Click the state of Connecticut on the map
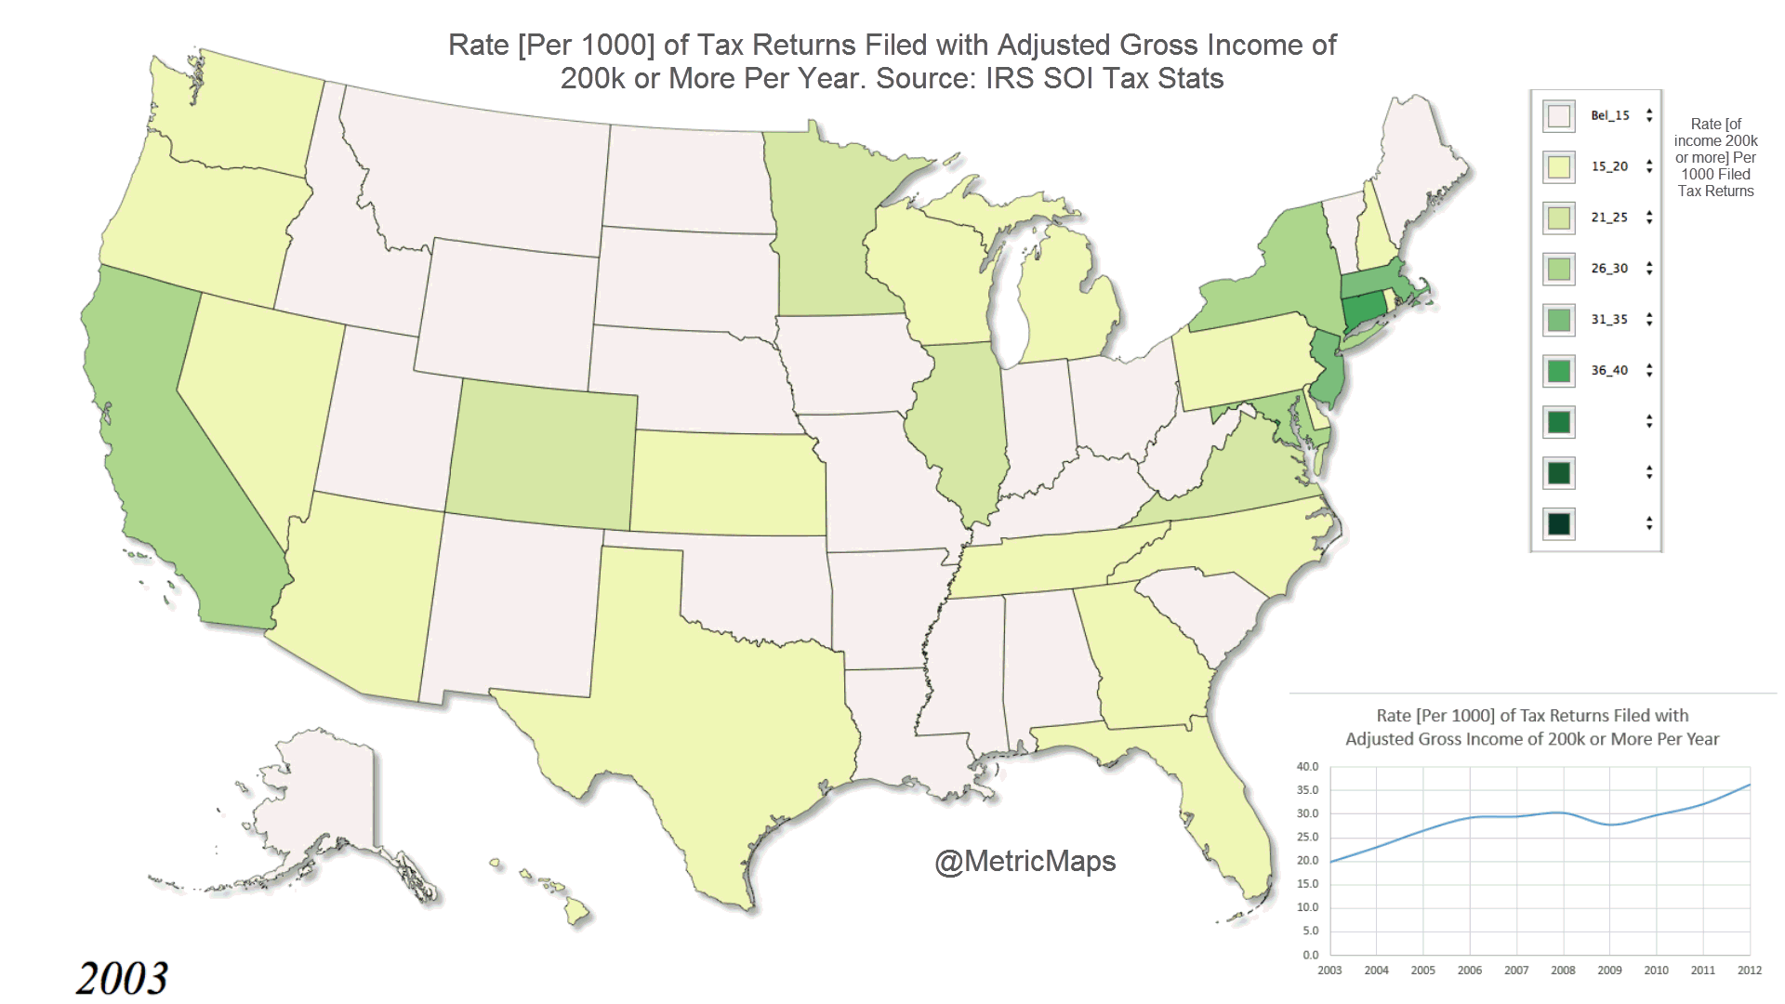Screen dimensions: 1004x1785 click(x=1363, y=309)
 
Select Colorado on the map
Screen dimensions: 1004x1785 click(x=542, y=456)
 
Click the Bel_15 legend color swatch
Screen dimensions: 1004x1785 click(x=1559, y=116)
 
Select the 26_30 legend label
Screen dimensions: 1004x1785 click(x=1609, y=269)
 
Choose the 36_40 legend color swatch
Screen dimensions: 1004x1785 click(x=1559, y=371)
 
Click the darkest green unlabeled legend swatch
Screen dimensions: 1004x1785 click(x=1559, y=524)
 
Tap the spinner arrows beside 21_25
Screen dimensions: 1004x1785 click(x=1649, y=218)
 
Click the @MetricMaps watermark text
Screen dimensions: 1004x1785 click(x=1025, y=861)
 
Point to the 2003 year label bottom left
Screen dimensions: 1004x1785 click(x=122, y=978)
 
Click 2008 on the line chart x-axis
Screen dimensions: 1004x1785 click(x=1563, y=971)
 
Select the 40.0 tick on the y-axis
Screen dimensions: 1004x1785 click(x=1307, y=767)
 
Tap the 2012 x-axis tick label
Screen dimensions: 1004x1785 click(x=1749, y=971)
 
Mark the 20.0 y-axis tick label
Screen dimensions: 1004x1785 click(x=1307, y=861)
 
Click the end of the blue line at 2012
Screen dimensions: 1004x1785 click(x=1750, y=785)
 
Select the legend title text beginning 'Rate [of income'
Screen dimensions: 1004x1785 click(x=1715, y=157)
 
